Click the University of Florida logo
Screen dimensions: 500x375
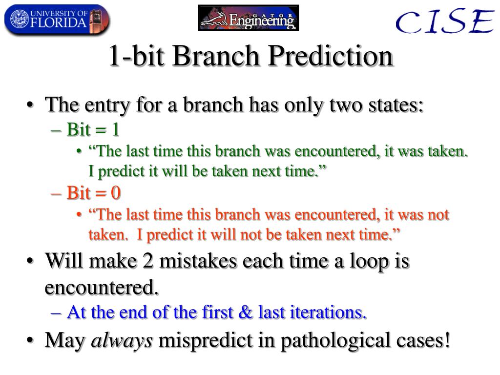point(57,19)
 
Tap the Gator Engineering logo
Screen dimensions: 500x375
point(249,18)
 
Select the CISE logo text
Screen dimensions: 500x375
point(445,21)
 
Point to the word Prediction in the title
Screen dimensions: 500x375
point(331,56)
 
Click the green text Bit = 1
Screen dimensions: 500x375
point(93,130)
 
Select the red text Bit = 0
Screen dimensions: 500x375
point(93,193)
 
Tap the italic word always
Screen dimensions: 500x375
point(122,340)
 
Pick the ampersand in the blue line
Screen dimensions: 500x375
point(245,312)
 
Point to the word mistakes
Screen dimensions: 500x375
point(198,261)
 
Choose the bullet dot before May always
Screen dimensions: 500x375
point(30,340)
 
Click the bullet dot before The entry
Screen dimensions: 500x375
point(30,105)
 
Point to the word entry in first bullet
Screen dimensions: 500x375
point(107,106)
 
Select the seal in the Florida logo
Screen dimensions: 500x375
point(20,19)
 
